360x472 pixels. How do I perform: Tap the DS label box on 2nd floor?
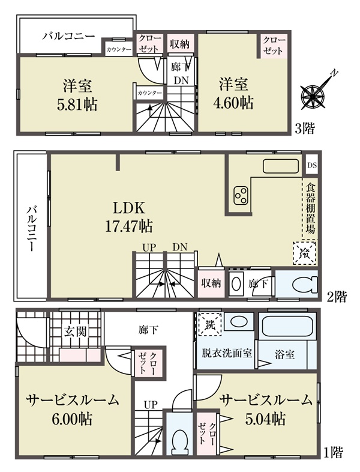(312, 165)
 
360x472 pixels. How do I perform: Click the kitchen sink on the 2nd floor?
(281, 166)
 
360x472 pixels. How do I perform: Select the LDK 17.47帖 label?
(129, 217)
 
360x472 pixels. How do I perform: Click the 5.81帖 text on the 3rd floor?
(77, 105)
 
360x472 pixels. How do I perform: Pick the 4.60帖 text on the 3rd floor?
(233, 103)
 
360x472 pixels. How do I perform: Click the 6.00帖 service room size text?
(72, 419)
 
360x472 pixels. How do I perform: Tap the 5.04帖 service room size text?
(266, 419)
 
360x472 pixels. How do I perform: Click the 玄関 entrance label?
(75, 331)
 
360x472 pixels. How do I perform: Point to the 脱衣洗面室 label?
(227, 353)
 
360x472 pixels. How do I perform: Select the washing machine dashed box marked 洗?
(209, 324)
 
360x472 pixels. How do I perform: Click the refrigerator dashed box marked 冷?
(305, 253)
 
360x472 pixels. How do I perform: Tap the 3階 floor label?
(305, 129)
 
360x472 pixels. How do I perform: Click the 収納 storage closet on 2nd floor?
(211, 283)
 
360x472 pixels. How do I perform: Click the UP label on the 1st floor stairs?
(151, 405)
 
